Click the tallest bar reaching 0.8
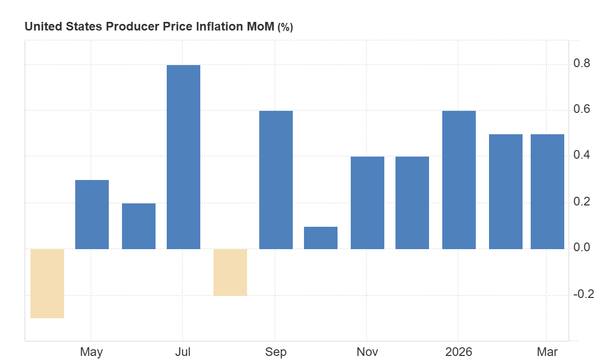(184, 157)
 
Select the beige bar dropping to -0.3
(47, 283)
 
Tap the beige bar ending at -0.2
(230, 272)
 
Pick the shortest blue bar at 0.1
(321, 237)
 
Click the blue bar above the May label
(92, 214)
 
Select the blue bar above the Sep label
(276, 179)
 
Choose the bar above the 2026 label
(459, 179)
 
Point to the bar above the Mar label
(547, 191)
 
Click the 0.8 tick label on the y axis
(582, 64)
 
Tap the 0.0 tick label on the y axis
(582, 248)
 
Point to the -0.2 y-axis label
(583, 294)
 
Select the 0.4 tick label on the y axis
(582, 155)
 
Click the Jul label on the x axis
(183, 352)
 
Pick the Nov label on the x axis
(367, 352)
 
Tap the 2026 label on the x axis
(459, 352)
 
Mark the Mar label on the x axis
(547, 352)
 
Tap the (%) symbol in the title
(285, 27)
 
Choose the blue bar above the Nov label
(368, 202)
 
